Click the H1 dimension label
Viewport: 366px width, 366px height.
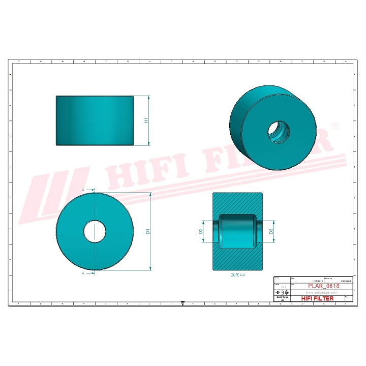click(146, 121)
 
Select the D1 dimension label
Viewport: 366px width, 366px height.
click(148, 232)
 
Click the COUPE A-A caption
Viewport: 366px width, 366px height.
click(234, 274)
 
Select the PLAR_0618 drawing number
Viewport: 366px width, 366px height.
click(324, 286)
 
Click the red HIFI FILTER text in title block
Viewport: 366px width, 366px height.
click(318, 298)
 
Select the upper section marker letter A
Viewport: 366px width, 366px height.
click(82, 190)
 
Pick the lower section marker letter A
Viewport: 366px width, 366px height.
click(82, 273)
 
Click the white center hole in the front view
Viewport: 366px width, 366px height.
click(95, 231)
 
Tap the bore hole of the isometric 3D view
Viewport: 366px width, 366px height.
click(279, 132)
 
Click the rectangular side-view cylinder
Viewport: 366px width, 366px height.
click(95, 120)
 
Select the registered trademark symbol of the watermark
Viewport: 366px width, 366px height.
click(334, 125)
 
